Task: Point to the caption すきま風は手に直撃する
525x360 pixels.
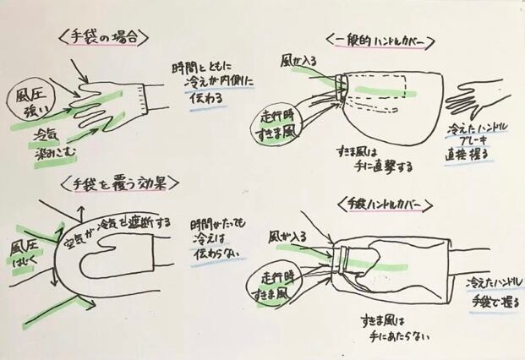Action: (x=371, y=159)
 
